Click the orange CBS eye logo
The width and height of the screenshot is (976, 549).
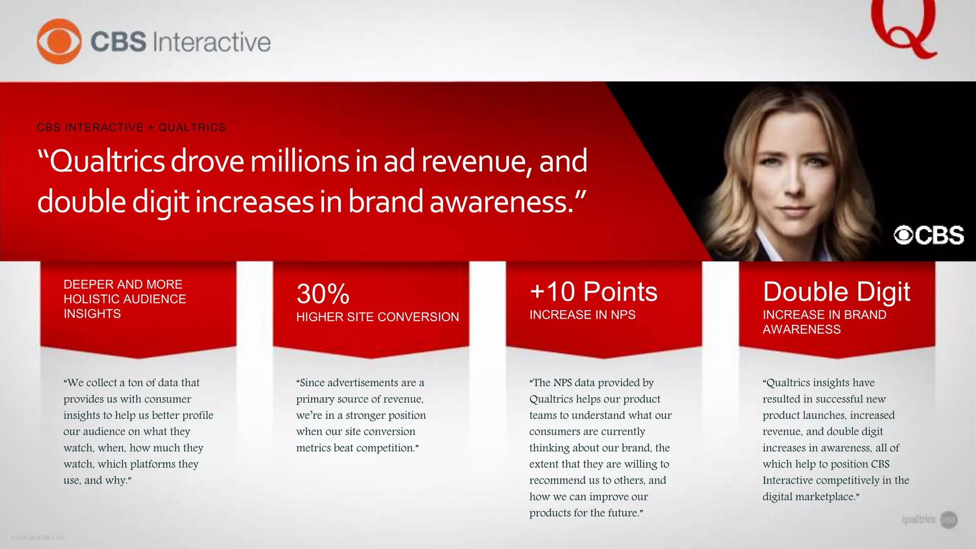[59, 41]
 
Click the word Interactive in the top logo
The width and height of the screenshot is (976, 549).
[212, 42]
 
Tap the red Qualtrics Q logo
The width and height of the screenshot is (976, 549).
[904, 29]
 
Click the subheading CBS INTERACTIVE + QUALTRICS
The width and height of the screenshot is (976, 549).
[131, 128]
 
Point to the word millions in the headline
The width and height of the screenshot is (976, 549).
[300, 162]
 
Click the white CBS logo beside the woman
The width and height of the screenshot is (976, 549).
[929, 235]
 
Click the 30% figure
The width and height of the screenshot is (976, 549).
[323, 294]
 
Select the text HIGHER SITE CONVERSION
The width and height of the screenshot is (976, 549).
[377, 317]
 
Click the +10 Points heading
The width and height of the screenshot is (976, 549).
[593, 292]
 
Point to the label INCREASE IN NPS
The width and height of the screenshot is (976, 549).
[582, 315]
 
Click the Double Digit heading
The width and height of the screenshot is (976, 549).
[836, 292]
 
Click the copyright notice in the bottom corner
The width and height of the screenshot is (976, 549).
[38, 538]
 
